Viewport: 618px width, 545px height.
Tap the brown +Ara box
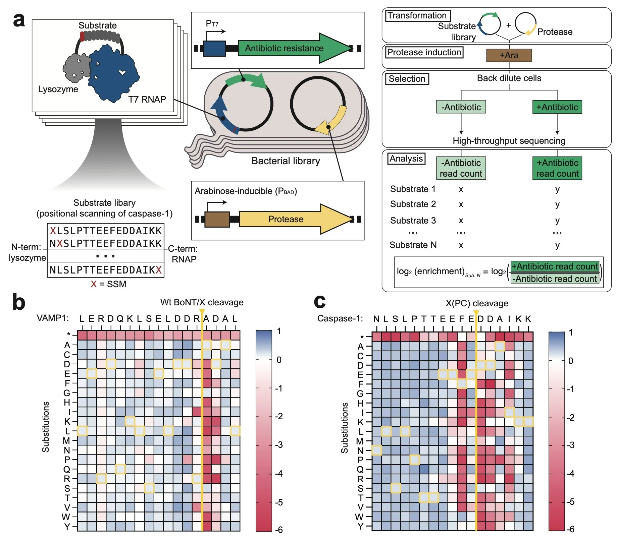point(509,55)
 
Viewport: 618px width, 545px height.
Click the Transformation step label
point(418,16)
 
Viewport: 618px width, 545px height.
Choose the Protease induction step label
point(424,52)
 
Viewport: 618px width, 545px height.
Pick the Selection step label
point(407,79)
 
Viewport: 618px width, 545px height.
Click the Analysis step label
point(406,159)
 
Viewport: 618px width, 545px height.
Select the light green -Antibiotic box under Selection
point(461,107)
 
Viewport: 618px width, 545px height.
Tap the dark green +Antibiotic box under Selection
point(557,107)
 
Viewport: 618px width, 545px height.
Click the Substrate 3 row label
point(413,220)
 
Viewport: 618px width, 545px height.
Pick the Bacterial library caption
point(286,161)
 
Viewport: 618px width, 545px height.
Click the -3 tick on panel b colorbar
point(278,445)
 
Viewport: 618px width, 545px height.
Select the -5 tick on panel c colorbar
point(570,501)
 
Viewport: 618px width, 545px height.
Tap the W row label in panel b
point(66,517)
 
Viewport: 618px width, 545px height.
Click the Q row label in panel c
point(360,469)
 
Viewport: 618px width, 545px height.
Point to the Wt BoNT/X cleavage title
point(202,302)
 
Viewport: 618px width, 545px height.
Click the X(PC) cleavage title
point(477,303)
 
